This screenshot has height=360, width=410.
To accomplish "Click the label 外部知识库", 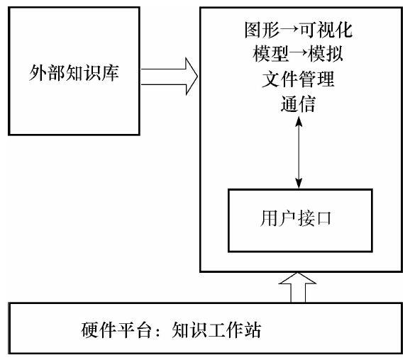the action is [x=74, y=73].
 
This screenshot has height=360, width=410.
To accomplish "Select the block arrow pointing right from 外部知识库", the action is [x=170, y=77].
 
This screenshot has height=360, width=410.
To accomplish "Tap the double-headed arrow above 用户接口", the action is [x=299, y=152].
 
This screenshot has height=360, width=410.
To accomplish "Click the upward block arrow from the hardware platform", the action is [x=298, y=288].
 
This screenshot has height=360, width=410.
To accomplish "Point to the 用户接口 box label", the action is [x=296, y=218].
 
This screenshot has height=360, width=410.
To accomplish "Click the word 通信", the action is [x=298, y=104].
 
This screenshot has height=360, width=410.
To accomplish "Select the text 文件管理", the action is [x=298, y=79].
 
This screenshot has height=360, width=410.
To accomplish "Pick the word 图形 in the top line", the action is [x=262, y=30].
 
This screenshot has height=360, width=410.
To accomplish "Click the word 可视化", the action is [x=326, y=30].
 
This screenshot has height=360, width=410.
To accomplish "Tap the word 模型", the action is [x=271, y=54].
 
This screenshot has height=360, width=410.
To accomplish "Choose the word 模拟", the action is [x=326, y=54].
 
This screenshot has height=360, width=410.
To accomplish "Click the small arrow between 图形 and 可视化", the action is [x=289, y=30].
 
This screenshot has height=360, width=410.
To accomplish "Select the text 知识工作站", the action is [x=217, y=330].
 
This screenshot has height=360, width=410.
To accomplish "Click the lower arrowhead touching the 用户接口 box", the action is [x=299, y=183].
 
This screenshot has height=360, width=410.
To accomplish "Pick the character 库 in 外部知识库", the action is [x=111, y=73].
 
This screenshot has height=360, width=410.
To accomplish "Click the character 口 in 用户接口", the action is [x=323, y=218].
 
